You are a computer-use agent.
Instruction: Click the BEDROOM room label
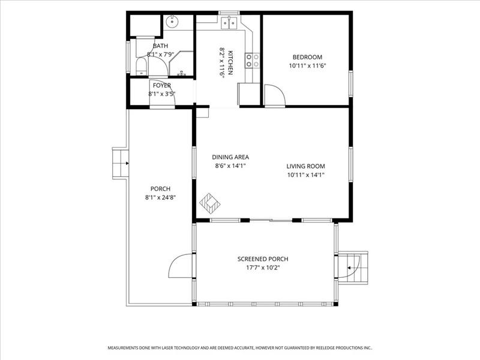(x=307, y=57)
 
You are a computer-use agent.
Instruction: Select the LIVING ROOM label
(x=305, y=166)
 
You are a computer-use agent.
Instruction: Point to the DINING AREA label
(x=230, y=157)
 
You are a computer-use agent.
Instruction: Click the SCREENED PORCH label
(x=263, y=259)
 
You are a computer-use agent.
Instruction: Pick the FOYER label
(x=162, y=85)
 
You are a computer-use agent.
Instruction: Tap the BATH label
(x=160, y=46)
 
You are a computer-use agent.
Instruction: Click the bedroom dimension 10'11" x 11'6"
(x=307, y=66)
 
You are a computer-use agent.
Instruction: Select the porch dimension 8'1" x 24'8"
(x=160, y=198)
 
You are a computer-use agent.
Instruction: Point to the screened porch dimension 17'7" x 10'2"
(x=263, y=268)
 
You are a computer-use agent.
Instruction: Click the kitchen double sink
(x=230, y=23)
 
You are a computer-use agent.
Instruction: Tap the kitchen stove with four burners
(x=252, y=61)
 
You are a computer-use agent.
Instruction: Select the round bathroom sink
(x=173, y=22)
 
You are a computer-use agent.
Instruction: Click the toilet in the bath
(x=142, y=67)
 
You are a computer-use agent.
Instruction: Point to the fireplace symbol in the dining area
(x=210, y=203)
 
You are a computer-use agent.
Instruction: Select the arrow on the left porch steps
(x=127, y=163)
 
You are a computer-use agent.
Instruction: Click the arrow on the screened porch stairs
(x=348, y=268)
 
